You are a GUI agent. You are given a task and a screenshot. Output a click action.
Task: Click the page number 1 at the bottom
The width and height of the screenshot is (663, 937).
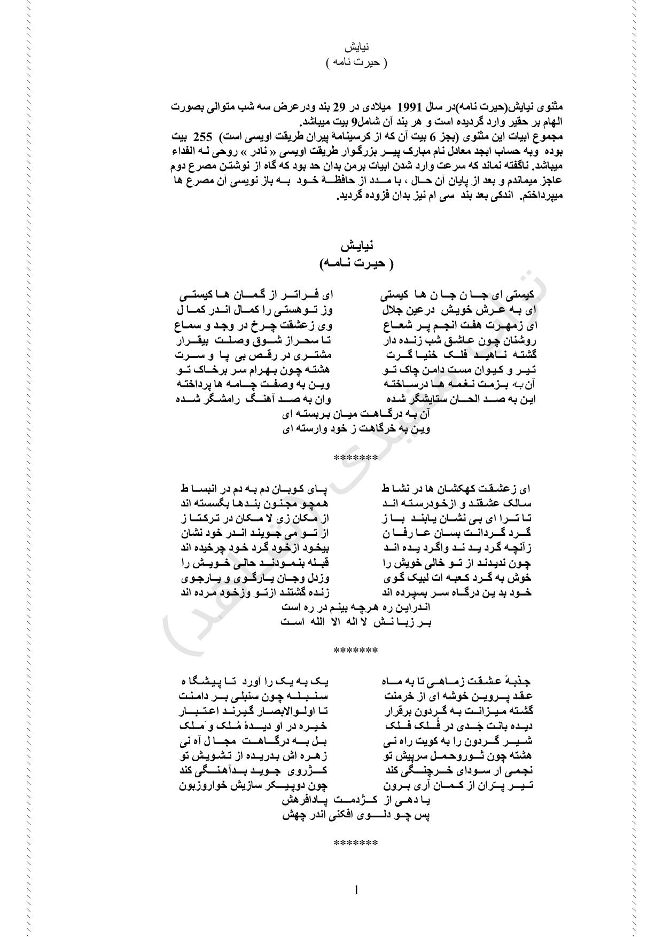356,890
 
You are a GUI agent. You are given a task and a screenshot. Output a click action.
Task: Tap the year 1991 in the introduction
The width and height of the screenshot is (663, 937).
426,106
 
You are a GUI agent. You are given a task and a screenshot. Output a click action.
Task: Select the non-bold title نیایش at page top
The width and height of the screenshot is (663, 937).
356,47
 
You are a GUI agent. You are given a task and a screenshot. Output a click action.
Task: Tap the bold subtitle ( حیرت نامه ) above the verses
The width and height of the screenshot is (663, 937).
356,263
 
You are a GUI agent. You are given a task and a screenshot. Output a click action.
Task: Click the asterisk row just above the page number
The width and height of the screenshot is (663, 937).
356,844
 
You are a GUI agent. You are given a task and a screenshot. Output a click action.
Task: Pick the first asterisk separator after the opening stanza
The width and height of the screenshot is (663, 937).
356,458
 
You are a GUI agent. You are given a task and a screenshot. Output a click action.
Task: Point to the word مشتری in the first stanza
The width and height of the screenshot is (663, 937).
321,355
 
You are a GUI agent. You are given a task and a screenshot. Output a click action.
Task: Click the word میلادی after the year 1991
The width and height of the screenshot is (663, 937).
386,106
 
